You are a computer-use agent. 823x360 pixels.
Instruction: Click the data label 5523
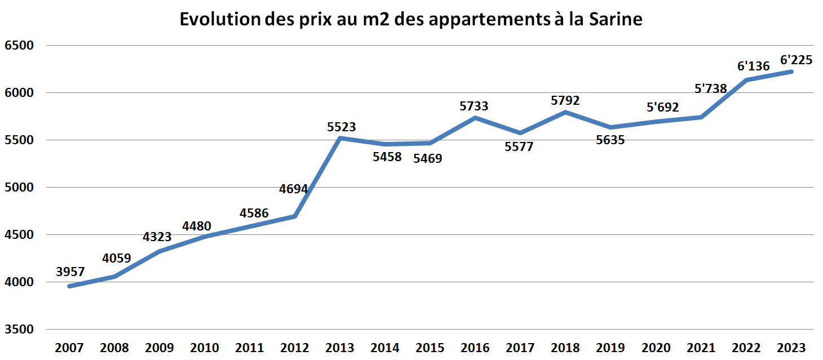point(342,127)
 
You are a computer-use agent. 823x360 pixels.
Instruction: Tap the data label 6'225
point(796,59)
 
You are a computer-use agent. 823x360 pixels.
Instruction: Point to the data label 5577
point(519,147)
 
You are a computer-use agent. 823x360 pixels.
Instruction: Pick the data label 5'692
point(662,107)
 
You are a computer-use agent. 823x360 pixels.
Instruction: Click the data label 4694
point(294,189)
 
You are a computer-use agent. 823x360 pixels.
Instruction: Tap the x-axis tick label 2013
point(340,347)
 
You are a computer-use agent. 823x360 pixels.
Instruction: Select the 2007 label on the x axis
point(69,347)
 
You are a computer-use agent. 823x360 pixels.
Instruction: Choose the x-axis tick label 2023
point(791,347)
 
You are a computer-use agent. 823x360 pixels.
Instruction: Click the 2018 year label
point(565,347)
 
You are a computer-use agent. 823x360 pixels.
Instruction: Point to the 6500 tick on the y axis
point(19,46)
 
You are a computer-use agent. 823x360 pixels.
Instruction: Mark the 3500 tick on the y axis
point(19,330)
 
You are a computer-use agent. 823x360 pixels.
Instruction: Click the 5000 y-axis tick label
point(19,188)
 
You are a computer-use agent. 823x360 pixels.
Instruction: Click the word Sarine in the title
point(616,20)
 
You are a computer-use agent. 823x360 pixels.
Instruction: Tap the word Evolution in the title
point(219,20)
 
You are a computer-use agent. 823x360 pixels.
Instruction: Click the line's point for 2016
point(475,118)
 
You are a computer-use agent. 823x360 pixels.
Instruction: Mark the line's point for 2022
point(746,80)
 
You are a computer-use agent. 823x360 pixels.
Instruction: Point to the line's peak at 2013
point(340,138)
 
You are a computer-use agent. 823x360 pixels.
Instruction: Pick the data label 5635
point(610,140)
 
